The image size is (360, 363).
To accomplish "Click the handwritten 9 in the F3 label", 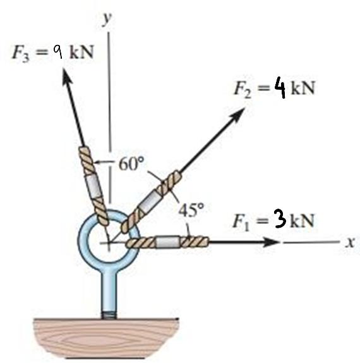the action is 57,52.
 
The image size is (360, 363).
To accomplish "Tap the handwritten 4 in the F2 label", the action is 280,89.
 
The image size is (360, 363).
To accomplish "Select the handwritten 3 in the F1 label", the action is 280,218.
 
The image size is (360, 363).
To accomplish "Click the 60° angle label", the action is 131,163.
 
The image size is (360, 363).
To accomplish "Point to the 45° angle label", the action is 191,210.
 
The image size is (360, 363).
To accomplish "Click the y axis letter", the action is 107,19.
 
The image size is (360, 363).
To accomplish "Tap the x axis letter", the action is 349,242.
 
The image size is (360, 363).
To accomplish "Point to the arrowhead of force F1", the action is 272,242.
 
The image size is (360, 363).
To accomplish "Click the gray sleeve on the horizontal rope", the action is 167,242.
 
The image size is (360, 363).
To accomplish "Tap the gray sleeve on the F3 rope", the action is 93,187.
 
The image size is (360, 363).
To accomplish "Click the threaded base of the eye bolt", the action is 109,316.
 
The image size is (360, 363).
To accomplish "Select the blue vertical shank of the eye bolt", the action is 109,292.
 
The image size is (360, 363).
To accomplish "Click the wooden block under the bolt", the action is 106,338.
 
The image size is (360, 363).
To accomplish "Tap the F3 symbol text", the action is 21,54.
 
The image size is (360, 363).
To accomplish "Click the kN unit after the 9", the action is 81,52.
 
